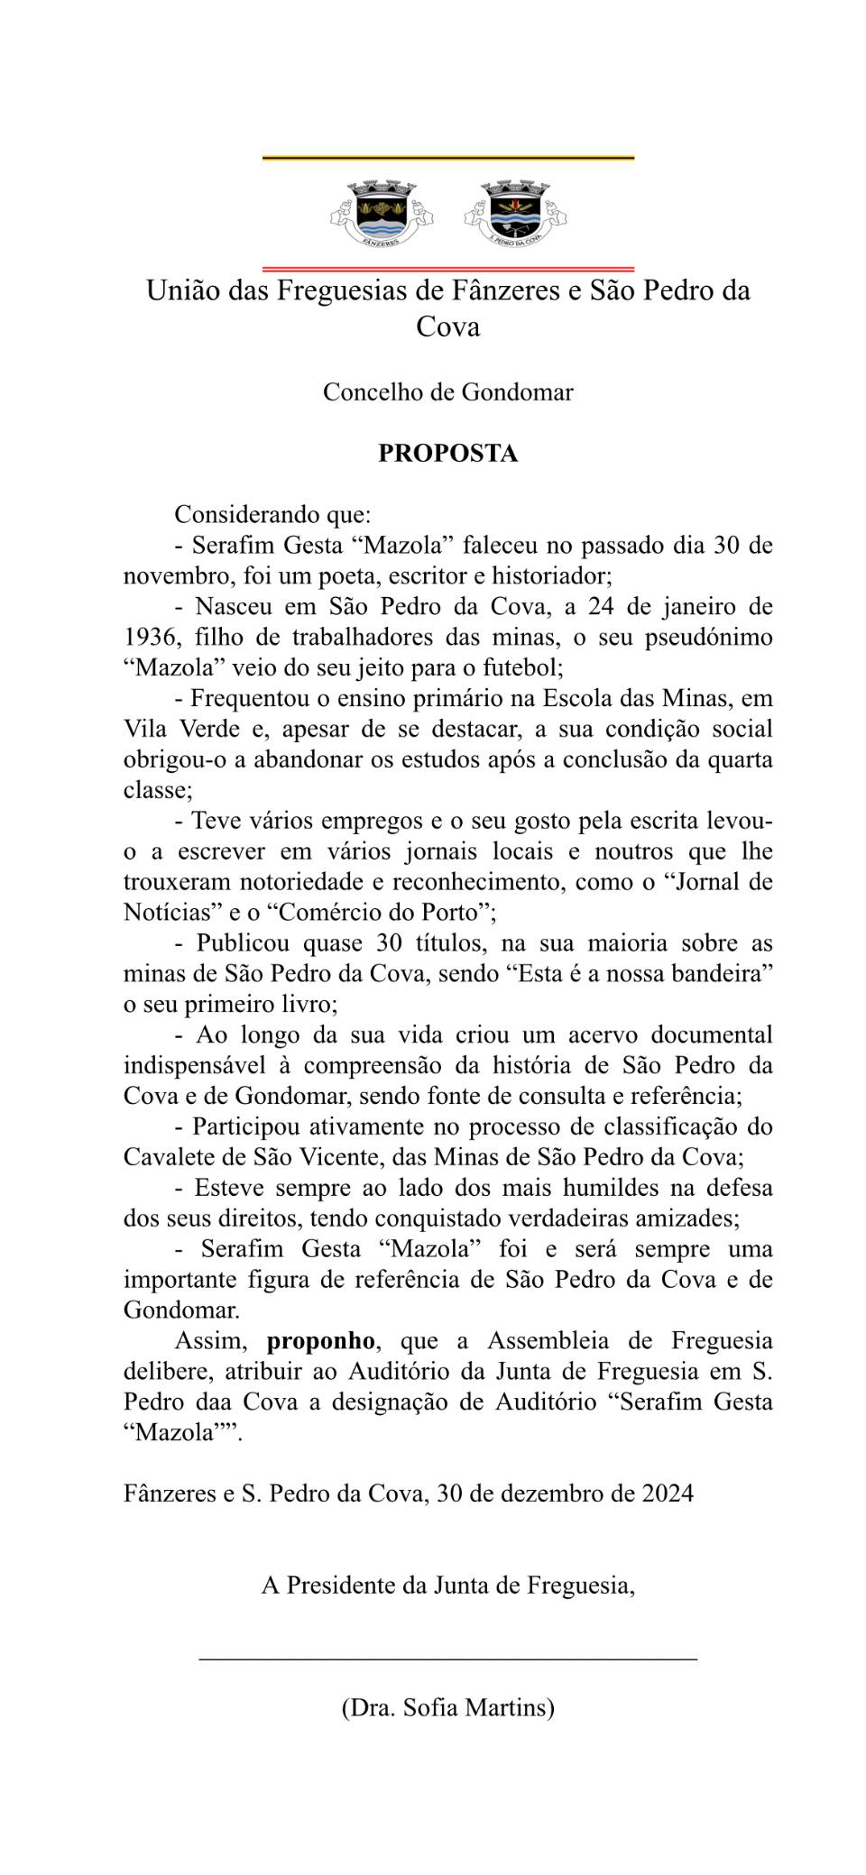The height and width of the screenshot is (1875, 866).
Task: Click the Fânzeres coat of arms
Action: click(380, 214)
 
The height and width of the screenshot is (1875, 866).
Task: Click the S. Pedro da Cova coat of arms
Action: click(515, 214)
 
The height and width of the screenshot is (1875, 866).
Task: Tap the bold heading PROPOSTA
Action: click(447, 453)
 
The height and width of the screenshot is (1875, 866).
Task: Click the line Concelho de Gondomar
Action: click(447, 392)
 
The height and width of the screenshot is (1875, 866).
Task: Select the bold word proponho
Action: click(320, 1341)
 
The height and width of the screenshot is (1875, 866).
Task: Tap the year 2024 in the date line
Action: click(668, 1494)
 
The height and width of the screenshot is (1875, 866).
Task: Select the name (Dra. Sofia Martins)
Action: click(447, 1707)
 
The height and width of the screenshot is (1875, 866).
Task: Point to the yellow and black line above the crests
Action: click(447, 158)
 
